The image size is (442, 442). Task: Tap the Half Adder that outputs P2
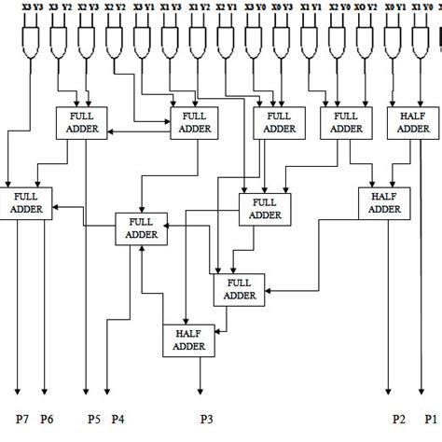(383, 202)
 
